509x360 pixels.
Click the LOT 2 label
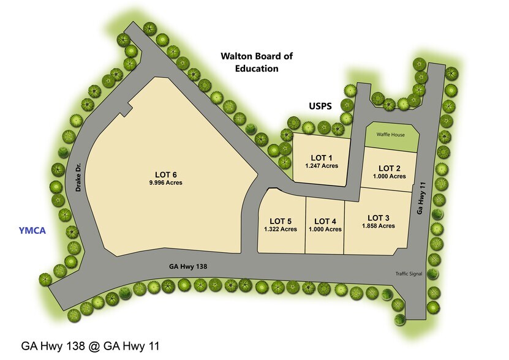point(390,168)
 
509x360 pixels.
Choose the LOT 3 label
point(378,217)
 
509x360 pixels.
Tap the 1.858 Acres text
point(378,227)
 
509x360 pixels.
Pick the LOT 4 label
point(325,221)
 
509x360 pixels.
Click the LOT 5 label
point(281,221)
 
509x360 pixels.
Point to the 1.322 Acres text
point(281,230)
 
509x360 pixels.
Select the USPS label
point(319,106)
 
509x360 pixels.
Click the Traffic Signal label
point(409,274)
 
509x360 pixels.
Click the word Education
point(257,69)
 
